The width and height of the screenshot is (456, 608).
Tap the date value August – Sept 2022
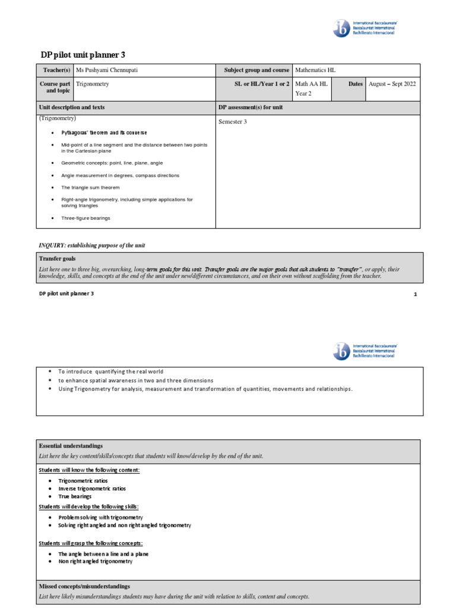tap(392, 84)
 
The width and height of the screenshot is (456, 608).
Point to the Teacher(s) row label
tap(55, 70)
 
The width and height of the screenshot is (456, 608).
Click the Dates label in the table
tap(355, 84)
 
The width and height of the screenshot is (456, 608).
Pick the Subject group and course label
tap(256, 70)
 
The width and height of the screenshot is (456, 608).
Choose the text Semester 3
tap(233, 122)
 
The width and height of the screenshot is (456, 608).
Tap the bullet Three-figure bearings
tap(85, 218)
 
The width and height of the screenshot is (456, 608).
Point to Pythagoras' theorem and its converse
tap(104, 132)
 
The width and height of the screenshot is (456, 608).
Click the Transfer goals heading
tap(57, 259)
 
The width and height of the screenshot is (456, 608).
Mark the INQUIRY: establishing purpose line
tap(91, 245)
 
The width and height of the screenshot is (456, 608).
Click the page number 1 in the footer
tap(415, 294)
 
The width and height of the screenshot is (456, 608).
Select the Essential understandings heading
tap(71, 445)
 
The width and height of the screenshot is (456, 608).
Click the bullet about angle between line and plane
tap(103, 553)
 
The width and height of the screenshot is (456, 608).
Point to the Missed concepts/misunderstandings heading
tap(84, 586)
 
